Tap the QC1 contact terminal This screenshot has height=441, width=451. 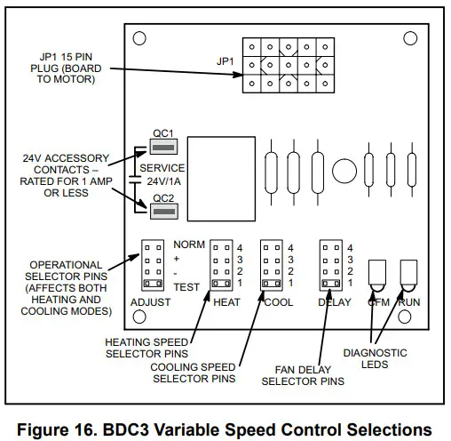[x=161, y=146]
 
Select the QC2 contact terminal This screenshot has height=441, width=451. [x=161, y=211]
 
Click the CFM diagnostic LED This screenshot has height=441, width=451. [x=377, y=277]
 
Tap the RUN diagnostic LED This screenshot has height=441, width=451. [x=409, y=277]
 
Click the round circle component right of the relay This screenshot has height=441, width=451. [x=342, y=168]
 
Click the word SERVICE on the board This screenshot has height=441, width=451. [x=166, y=167]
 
